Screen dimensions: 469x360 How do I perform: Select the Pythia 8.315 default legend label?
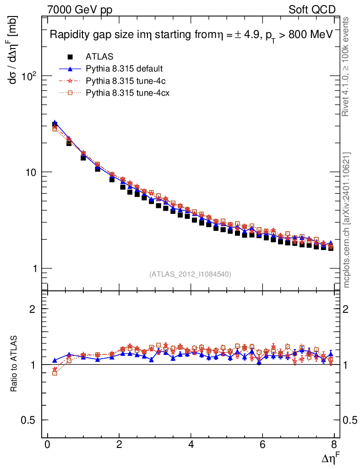[124, 69]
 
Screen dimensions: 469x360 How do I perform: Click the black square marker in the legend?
[70, 57]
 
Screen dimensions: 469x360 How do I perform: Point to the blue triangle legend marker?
[70, 69]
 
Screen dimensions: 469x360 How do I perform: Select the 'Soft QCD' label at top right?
[312, 10]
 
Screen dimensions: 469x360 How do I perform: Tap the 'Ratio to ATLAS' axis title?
[14, 364]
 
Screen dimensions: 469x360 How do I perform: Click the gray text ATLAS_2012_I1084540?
[190, 274]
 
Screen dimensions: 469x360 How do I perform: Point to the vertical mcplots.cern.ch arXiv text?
[347, 220]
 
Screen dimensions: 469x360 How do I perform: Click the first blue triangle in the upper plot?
[55, 123]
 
